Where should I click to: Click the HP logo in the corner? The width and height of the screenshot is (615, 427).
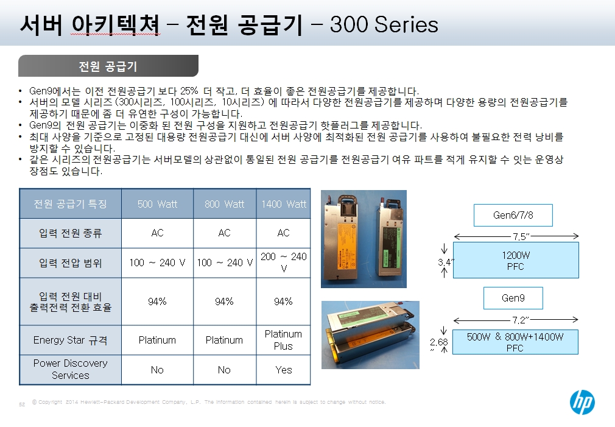point(582,402)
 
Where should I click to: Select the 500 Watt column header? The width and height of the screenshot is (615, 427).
point(157,204)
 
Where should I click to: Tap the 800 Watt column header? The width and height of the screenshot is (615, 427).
point(224,204)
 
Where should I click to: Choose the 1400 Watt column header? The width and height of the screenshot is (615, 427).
point(284,204)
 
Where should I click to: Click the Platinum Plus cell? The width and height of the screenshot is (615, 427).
point(283,340)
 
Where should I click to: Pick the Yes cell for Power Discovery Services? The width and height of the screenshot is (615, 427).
point(283,370)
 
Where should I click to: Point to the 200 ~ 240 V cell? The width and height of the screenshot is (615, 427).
point(283,262)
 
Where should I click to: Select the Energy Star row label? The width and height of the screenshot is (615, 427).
point(70,340)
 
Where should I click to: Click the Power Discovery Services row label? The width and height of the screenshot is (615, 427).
point(70,369)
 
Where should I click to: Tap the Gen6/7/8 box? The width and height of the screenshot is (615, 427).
point(513,215)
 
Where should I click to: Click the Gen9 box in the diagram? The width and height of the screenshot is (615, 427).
point(513,298)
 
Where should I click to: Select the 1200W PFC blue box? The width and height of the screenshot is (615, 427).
point(516,260)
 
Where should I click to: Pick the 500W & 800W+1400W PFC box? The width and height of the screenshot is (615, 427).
point(515,342)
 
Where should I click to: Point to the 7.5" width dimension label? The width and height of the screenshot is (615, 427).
point(521,237)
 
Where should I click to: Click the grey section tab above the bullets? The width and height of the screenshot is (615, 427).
point(108,66)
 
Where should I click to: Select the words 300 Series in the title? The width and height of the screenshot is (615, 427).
point(384,24)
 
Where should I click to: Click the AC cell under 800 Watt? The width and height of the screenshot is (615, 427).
point(224,233)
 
